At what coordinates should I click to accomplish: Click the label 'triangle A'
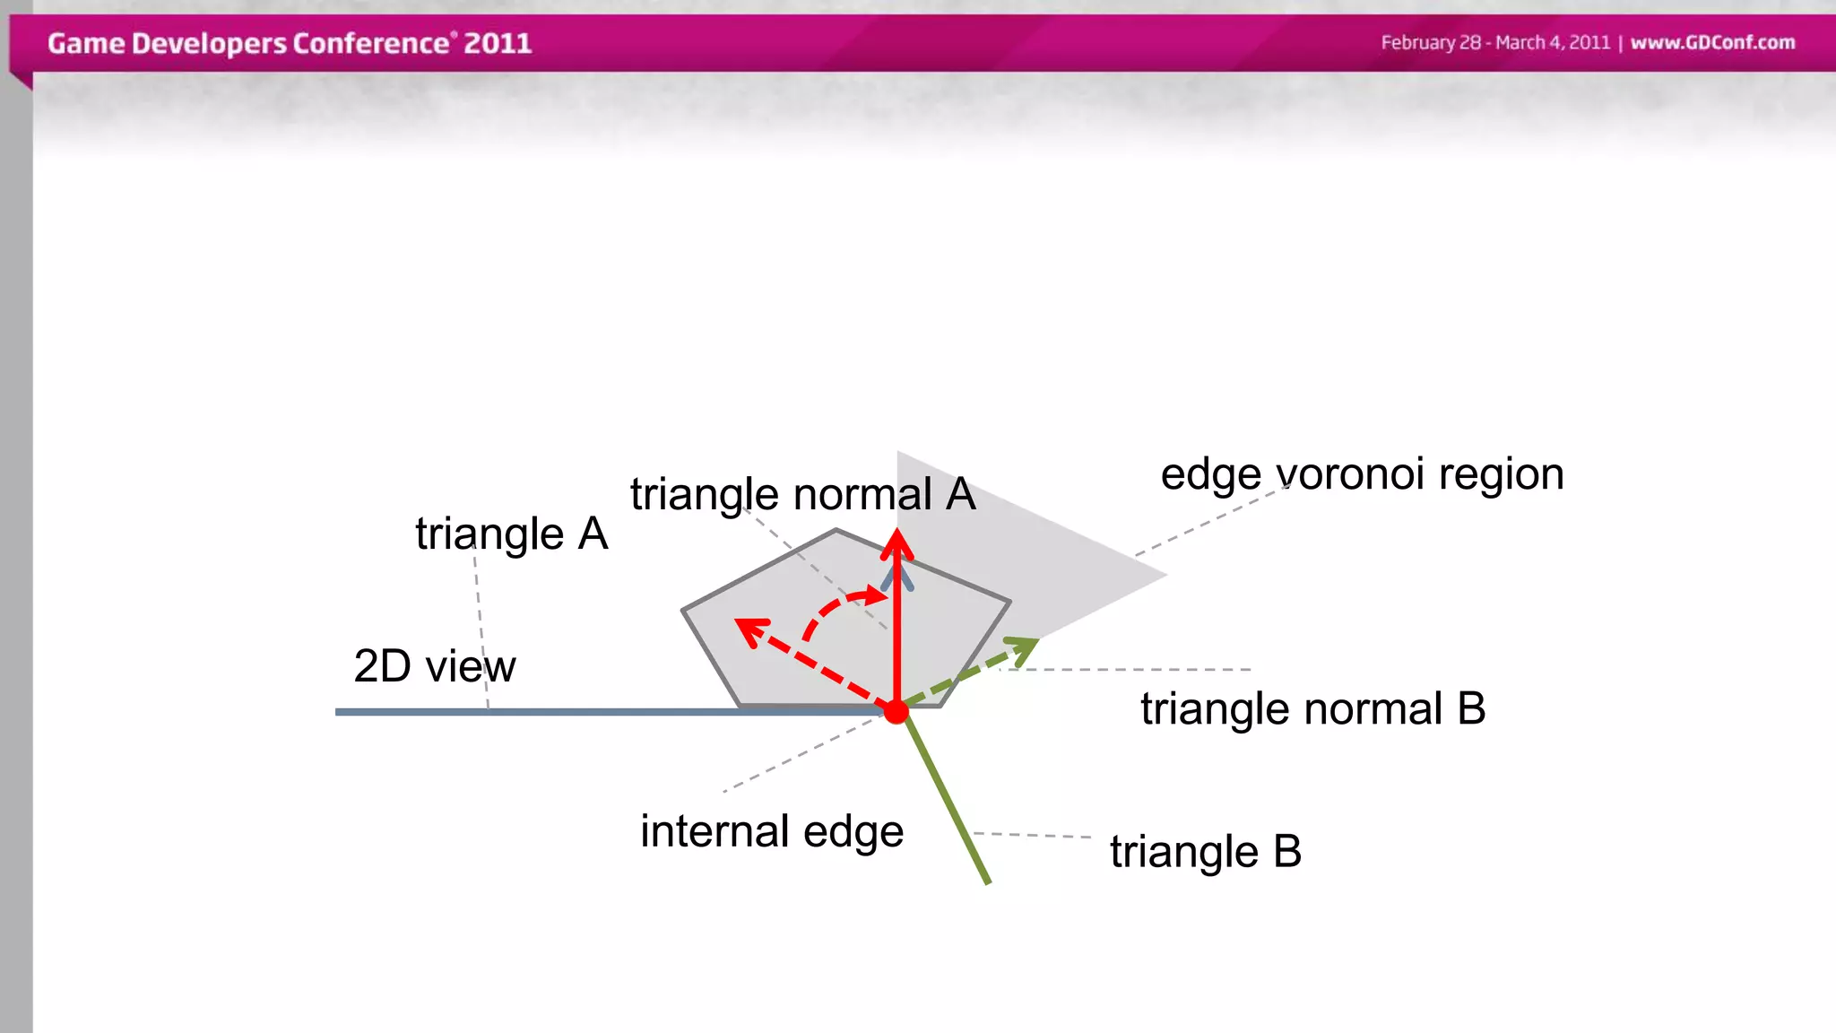point(512,534)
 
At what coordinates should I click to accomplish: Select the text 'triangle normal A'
point(802,495)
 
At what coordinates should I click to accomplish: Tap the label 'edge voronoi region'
point(1362,474)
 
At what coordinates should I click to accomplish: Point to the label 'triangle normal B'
point(1312,708)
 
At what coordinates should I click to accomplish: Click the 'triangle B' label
point(1205,851)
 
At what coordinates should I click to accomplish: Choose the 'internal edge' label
point(772,831)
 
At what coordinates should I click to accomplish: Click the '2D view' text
point(435,666)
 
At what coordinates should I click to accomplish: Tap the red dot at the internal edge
point(896,712)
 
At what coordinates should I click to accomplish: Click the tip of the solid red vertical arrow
point(896,534)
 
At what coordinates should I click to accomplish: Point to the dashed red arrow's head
point(748,628)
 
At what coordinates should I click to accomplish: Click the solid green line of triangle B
point(950,807)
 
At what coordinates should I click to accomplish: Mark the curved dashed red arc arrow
point(834,605)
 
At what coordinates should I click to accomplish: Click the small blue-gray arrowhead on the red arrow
point(897,574)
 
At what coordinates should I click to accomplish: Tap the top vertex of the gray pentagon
point(836,530)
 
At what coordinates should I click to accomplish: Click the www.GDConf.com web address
point(1712,42)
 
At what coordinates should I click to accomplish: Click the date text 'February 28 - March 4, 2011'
point(1494,42)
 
